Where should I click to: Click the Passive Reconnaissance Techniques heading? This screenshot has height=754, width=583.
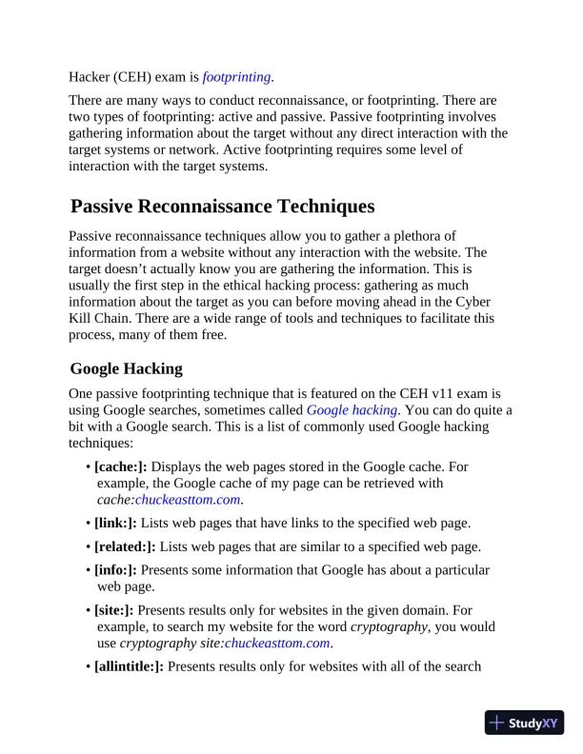(x=223, y=207)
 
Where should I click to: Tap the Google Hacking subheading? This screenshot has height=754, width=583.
(x=127, y=368)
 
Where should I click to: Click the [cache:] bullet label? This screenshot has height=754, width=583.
(x=121, y=466)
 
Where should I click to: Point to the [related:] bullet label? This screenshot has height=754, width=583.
(x=126, y=546)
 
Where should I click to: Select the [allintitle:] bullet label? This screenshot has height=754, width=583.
(x=131, y=666)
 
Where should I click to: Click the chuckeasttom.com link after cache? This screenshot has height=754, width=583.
(x=188, y=499)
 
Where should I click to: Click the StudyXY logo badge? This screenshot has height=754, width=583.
(x=524, y=723)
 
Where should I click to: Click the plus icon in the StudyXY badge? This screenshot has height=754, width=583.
(x=496, y=723)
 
